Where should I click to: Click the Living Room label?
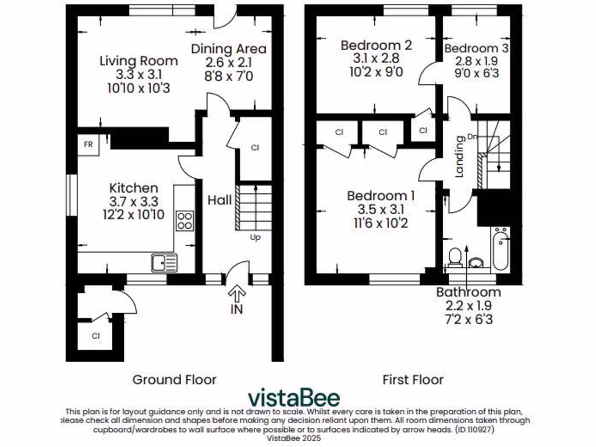pyautogui.click(x=139, y=61)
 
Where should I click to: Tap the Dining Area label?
pyautogui.click(x=229, y=49)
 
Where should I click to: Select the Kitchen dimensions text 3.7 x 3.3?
pyautogui.click(x=134, y=202)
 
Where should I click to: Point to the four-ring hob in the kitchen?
pyautogui.click(x=186, y=220)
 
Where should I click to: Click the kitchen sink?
pyautogui.click(x=164, y=263)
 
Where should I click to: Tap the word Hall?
pyautogui.click(x=220, y=200)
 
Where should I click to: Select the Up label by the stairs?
pyautogui.click(x=255, y=237)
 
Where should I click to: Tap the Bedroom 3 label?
pyautogui.click(x=476, y=49)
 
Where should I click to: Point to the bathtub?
pyautogui.click(x=501, y=249)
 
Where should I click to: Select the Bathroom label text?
pyautogui.click(x=469, y=292)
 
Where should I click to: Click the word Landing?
pyautogui.click(x=460, y=156)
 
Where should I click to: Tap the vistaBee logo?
pyautogui.click(x=294, y=398)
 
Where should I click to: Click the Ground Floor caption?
pyautogui.click(x=175, y=379)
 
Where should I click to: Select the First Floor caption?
pyautogui.click(x=413, y=379)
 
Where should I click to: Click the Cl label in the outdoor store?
pyautogui.click(x=96, y=336)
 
